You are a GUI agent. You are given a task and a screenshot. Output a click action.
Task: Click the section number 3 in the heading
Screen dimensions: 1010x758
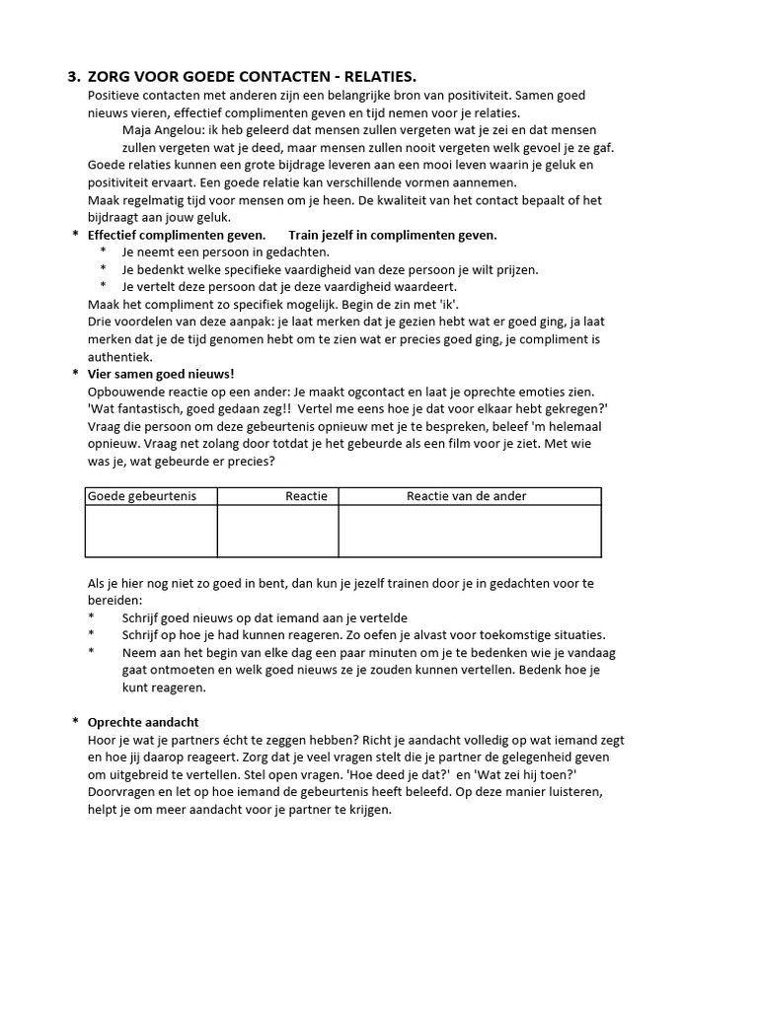(72, 76)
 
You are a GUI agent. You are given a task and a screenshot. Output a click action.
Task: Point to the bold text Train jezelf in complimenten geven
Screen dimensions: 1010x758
(393, 235)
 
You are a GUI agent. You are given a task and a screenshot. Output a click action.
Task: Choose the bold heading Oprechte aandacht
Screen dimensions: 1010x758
(143, 722)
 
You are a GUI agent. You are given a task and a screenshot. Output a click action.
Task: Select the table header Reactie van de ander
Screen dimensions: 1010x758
(467, 496)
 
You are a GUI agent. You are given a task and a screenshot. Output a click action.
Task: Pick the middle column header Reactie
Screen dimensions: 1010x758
(306, 496)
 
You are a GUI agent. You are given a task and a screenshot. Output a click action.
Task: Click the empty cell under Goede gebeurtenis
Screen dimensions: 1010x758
(151, 531)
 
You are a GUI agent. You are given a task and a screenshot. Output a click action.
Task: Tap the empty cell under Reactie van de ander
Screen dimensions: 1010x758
(469, 531)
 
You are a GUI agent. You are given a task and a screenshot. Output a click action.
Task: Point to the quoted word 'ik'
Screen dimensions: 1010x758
(449, 304)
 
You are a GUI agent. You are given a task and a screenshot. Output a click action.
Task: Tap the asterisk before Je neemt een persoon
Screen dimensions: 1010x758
(103, 252)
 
